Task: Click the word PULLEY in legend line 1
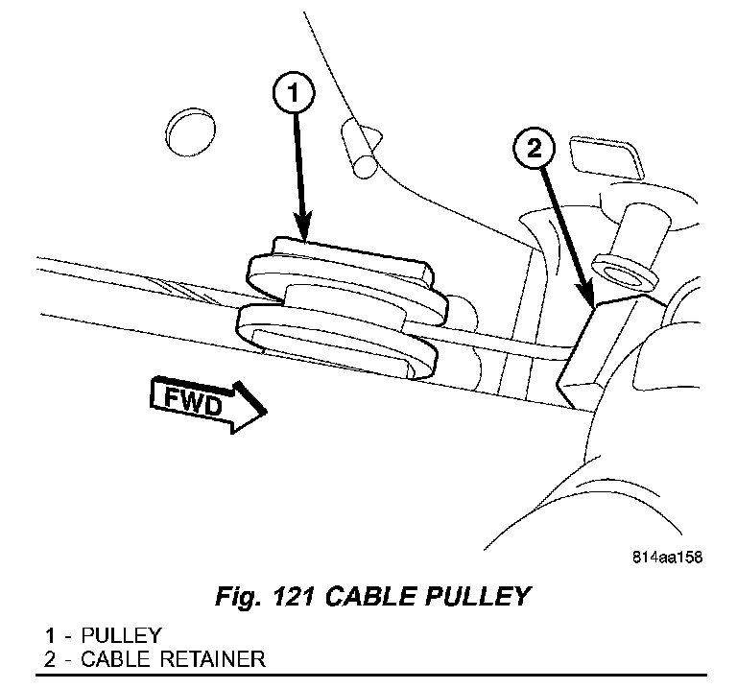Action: point(122,636)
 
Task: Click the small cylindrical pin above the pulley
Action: point(361,152)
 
